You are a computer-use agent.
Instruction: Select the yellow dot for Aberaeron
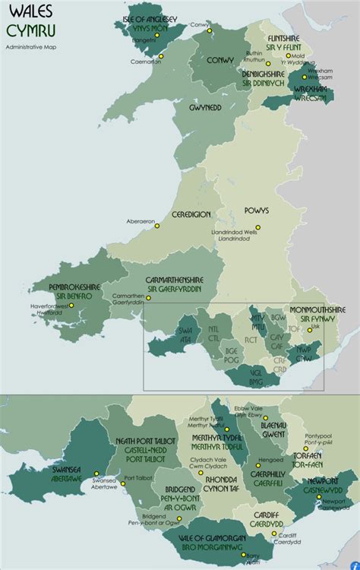(x=157, y=226)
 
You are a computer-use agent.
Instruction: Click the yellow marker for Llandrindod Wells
(x=257, y=227)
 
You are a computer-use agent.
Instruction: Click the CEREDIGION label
(x=191, y=215)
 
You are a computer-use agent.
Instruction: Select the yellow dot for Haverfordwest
(x=71, y=306)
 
